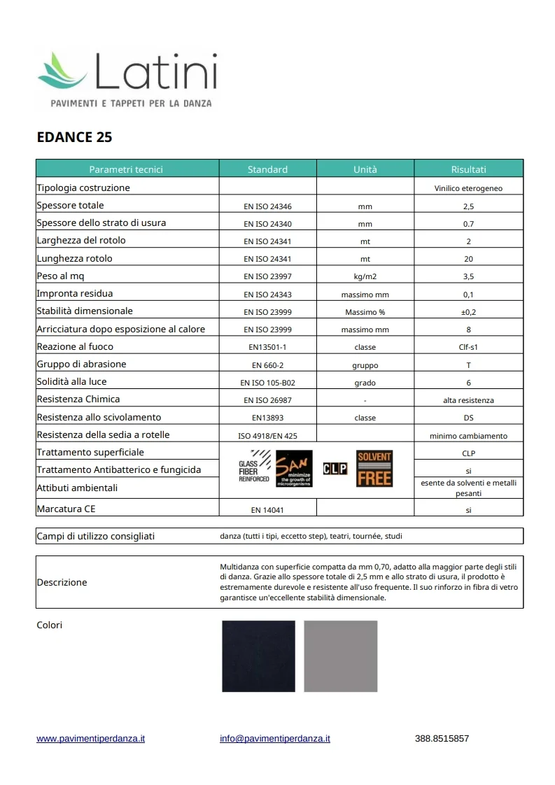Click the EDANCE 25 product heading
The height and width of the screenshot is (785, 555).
click(74, 137)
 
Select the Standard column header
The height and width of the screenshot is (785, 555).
click(267, 169)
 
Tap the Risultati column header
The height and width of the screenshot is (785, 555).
click(468, 169)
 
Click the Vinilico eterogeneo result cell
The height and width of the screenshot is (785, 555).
click(468, 188)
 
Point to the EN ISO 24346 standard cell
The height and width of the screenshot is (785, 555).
click(267, 206)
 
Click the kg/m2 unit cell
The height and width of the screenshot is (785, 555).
click(365, 276)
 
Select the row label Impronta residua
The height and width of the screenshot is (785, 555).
click(75, 293)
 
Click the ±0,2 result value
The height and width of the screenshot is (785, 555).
click(468, 312)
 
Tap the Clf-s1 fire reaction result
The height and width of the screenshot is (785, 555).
click(468, 347)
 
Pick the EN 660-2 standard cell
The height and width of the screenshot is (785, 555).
click(267, 365)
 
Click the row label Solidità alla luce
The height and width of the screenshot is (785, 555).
click(71, 381)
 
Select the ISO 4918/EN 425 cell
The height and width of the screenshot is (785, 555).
click(267, 436)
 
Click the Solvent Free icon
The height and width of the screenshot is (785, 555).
click(374, 469)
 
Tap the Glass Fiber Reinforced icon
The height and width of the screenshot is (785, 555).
click(253, 470)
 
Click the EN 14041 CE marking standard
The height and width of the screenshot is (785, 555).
click(267, 510)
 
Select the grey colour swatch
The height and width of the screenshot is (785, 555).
click(341, 656)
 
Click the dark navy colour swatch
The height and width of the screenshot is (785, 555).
click(258, 656)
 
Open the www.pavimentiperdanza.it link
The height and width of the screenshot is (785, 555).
click(90, 738)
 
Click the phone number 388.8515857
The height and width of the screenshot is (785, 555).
click(442, 738)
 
